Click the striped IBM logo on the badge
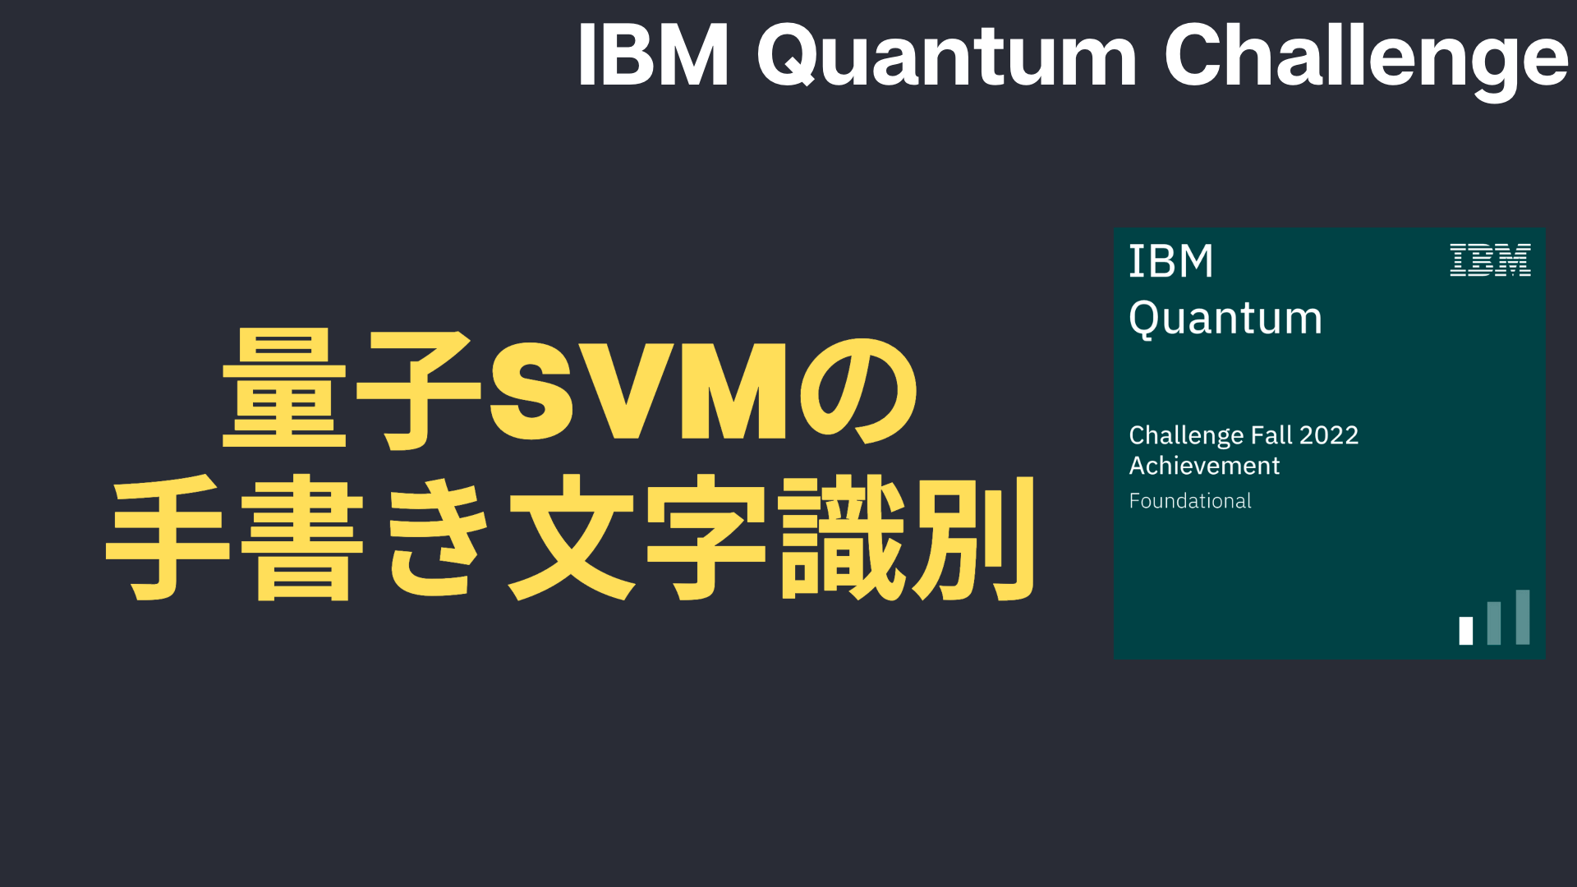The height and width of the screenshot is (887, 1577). (x=1490, y=260)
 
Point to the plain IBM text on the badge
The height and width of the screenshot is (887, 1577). (x=1171, y=261)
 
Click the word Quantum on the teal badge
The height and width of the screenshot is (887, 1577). (x=1225, y=319)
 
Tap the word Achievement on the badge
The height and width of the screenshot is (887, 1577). (x=1204, y=466)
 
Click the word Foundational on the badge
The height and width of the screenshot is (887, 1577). (x=1190, y=501)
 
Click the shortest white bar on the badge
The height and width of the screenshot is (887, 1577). (x=1466, y=631)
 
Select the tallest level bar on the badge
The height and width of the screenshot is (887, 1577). (x=1523, y=617)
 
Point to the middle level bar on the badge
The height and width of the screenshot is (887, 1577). (x=1494, y=623)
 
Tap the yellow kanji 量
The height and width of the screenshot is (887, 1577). (x=284, y=388)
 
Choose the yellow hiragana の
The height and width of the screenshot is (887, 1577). (x=859, y=391)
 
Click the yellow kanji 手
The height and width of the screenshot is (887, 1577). (x=168, y=538)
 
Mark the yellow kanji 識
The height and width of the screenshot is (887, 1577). (x=844, y=538)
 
